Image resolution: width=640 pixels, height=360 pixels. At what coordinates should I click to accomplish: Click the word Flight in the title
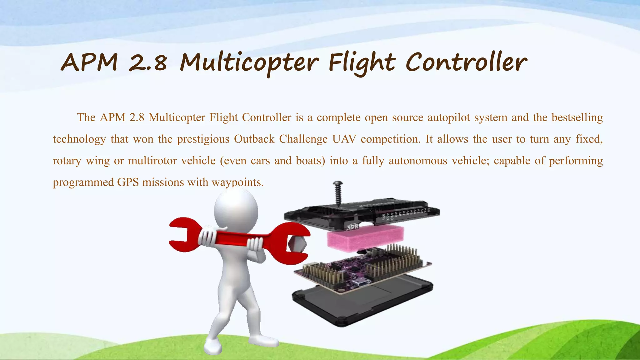click(x=362, y=62)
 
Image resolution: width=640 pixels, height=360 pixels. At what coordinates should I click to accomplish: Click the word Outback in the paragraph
click(x=254, y=139)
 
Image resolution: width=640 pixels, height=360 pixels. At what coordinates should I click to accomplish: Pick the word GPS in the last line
click(x=128, y=182)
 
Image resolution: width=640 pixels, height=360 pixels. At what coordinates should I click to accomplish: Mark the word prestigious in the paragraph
click(x=203, y=139)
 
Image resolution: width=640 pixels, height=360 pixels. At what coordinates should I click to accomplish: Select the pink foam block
click(x=365, y=237)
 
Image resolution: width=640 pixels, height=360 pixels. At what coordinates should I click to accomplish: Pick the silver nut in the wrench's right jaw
click(x=297, y=244)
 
